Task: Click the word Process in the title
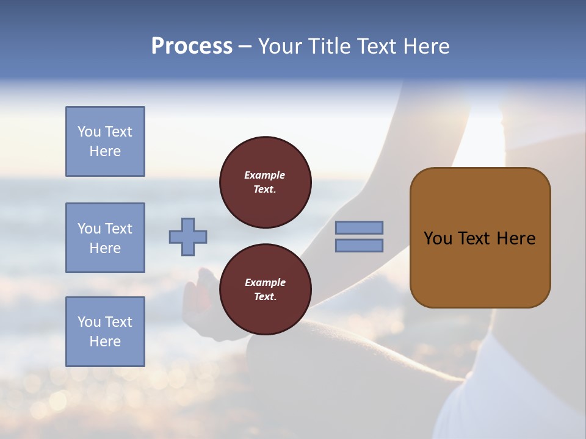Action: click(192, 46)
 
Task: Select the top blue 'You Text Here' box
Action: click(105, 141)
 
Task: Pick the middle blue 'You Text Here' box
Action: click(105, 238)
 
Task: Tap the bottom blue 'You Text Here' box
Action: click(105, 332)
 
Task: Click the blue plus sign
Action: click(188, 237)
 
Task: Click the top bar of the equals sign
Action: click(359, 227)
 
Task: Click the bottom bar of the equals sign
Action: click(359, 245)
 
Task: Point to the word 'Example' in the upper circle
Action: click(265, 175)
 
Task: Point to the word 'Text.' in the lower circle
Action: click(265, 297)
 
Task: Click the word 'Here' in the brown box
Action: click(515, 238)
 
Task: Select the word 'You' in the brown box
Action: click(438, 238)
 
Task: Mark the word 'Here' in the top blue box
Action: click(105, 151)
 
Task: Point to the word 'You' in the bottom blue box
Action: click(89, 322)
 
